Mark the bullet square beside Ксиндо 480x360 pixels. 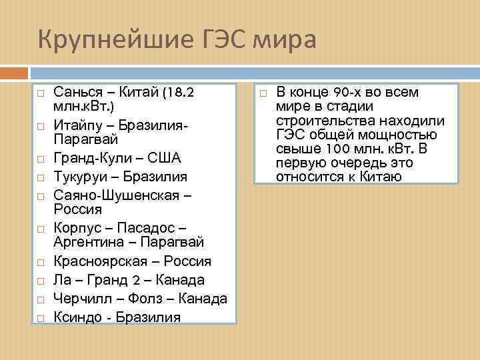point(41,317)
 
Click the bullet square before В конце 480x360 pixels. point(262,91)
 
